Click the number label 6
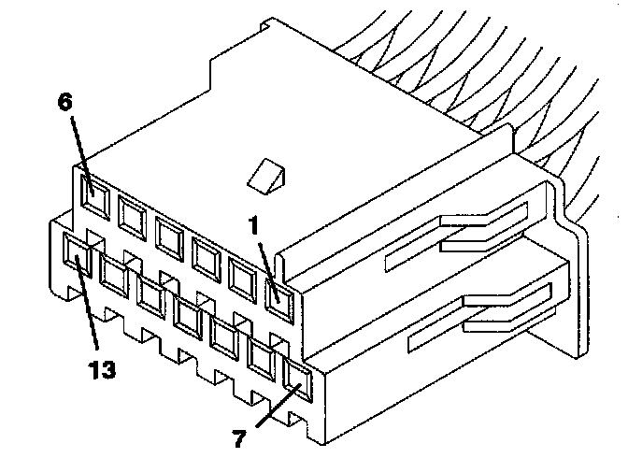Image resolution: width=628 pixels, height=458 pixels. tap(64, 103)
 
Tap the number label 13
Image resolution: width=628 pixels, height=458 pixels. tap(103, 371)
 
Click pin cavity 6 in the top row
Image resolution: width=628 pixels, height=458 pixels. tap(93, 193)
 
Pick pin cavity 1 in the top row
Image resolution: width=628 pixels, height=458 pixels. tap(279, 296)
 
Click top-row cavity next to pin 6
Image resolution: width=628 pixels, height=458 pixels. tap(131, 214)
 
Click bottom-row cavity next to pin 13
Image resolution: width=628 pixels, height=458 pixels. tap(114, 275)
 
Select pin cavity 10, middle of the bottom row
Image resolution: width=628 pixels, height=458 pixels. tap(188, 318)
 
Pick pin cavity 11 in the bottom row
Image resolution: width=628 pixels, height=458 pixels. tap(150, 295)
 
